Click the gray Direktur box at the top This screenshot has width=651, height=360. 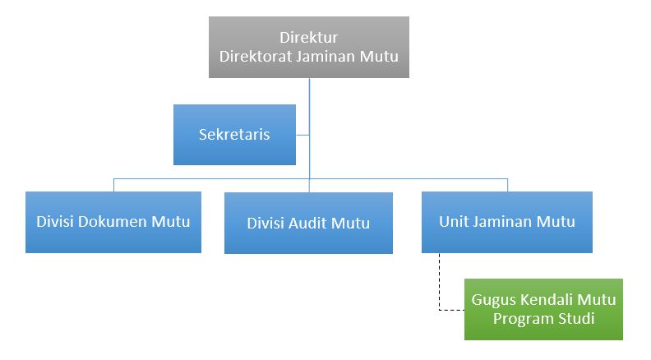pyautogui.click(x=308, y=48)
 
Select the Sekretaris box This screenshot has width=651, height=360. pyautogui.click(x=234, y=135)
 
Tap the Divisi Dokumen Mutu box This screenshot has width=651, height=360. pyautogui.click(x=113, y=222)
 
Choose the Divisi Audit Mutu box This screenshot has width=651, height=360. pyautogui.click(x=308, y=223)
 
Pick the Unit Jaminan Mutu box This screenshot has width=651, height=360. pyautogui.click(x=506, y=222)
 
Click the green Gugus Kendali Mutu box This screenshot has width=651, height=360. pyautogui.click(x=543, y=309)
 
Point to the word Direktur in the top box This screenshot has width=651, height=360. pyautogui.click(x=308, y=38)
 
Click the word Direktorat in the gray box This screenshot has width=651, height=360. pyautogui.click(x=253, y=57)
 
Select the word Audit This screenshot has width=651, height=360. pyautogui.click(x=312, y=223)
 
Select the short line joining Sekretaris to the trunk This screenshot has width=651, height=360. pyautogui.click(x=302, y=135)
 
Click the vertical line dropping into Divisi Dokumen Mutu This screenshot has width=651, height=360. pyautogui.click(x=113, y=184)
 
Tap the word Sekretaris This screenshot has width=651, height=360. pyautogui.click(x=234, y=135)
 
